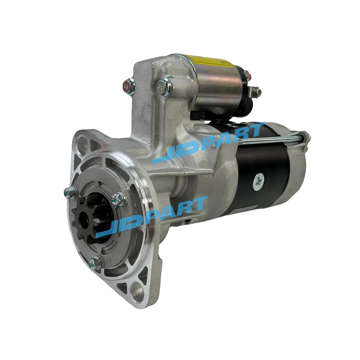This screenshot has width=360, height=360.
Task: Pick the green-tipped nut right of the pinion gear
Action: point(118,198)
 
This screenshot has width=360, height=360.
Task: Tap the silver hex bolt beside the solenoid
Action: point(165,87)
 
